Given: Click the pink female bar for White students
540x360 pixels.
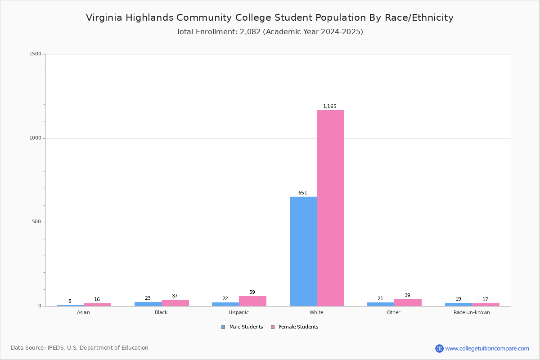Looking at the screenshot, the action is click(330, 208).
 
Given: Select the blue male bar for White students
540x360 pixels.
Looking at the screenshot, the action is click(303, 251).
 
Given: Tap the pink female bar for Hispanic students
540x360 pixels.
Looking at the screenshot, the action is click(252, 301).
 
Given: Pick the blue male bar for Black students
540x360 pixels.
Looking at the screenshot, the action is click(148, 304).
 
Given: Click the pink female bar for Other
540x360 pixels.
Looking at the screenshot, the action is click(408, 303).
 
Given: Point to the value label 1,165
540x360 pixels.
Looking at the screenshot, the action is click(329, 106).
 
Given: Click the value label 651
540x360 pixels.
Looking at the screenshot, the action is click(303, 193).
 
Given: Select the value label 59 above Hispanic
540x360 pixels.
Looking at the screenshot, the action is click(252, 292).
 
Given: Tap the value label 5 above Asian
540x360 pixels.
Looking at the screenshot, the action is click(70, 301).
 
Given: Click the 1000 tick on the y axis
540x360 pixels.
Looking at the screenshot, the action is click(36, 138).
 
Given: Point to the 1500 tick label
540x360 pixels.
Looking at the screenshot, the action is click(36, 54).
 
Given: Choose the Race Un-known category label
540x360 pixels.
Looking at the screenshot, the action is click(472, 312).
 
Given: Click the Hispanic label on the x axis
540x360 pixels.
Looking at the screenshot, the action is click(238, 312).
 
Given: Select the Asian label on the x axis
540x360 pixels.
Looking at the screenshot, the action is click(83, 312).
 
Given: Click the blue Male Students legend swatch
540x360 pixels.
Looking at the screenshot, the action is click(223, 327).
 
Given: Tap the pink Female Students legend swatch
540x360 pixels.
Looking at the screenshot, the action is click(273, 327).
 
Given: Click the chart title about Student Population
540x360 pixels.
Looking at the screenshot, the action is click(270, 18).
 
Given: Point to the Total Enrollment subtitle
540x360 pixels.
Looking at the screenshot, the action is click(270, 32).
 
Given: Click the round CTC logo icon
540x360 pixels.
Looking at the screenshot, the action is click(439, 348).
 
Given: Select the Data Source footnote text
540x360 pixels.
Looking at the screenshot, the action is click(80, 348).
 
